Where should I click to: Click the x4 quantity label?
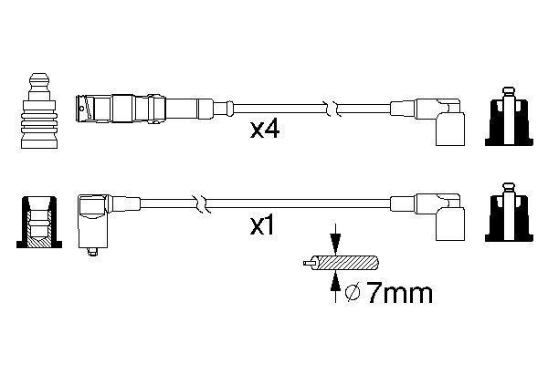[265, 130]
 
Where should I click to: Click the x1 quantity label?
[263, 224]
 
